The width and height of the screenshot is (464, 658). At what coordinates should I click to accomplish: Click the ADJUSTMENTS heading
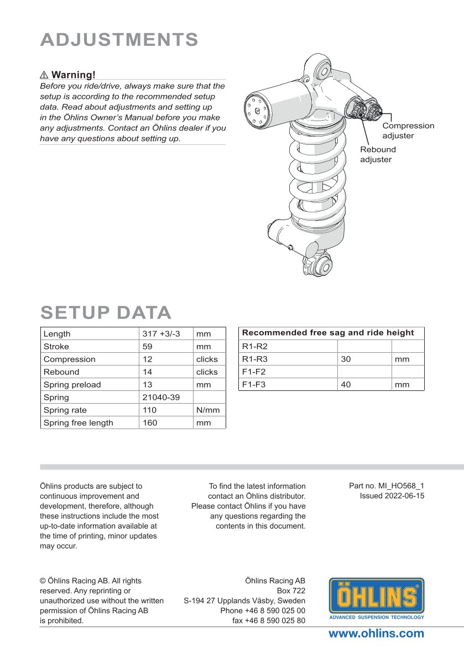pos(119,40)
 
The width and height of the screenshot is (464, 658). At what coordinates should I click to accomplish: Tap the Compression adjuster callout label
pos(408,130)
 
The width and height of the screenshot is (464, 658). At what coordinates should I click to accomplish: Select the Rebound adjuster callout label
pos(378,154)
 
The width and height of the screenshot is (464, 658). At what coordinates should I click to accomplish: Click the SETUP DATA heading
pos(106,312)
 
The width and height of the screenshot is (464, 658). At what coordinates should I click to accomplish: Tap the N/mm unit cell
pos(207,410)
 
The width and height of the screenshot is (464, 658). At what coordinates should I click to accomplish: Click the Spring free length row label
pos(78,423)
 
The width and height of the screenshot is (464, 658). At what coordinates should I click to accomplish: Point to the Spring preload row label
pos(72,385)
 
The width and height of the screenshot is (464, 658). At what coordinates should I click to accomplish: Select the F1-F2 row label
pos(254,372)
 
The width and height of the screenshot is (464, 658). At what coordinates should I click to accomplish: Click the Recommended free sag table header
pos(328,333)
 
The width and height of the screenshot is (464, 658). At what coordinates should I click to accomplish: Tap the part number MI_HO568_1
pos(387,486)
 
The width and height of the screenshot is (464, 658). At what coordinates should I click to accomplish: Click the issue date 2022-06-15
pos(392,496)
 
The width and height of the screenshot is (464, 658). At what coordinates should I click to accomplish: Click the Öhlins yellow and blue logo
pos(377,598)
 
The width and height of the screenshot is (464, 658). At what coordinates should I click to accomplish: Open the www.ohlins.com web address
pos(376,634)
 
